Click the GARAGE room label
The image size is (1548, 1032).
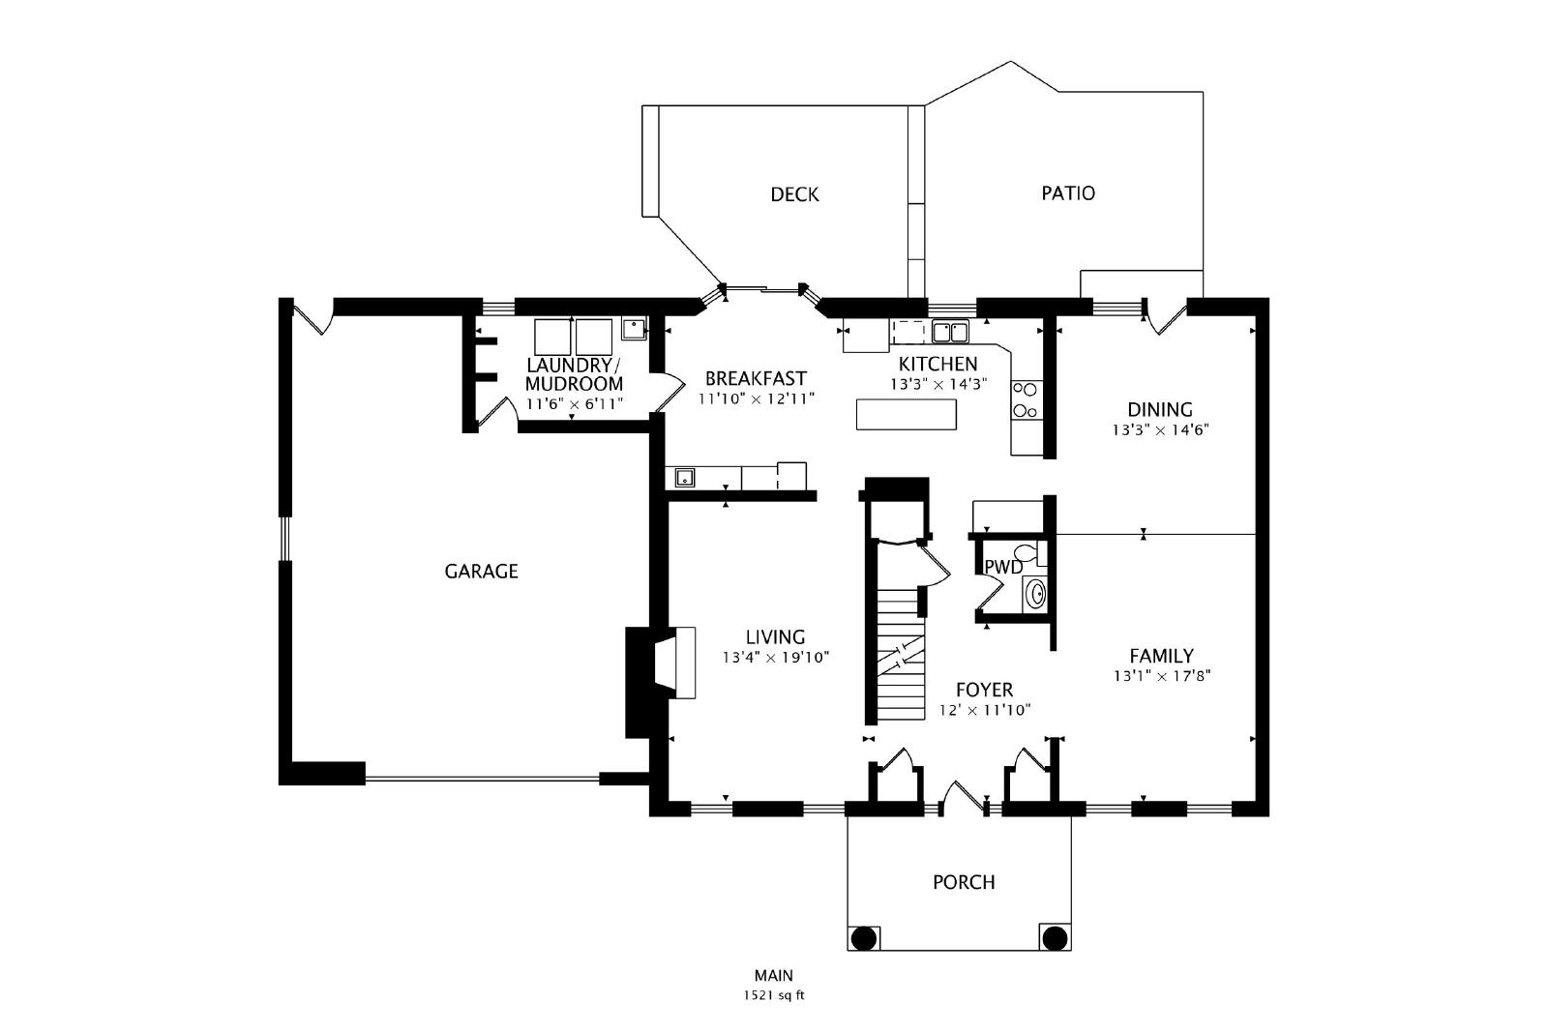tap(481, 572)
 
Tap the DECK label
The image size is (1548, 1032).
tap(794, 194)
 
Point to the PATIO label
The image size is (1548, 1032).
tap(1068, 193)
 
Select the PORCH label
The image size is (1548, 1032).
tap(964, 882)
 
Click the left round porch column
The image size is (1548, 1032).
tap(864, 938)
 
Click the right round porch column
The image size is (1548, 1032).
tap(1055, 938)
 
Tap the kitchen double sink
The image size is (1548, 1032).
tap(950, 332)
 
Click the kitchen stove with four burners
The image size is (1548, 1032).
tap(1026, 400)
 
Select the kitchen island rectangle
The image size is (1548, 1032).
tap(906, 415)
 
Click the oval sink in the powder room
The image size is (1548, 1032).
tap(1035, 593)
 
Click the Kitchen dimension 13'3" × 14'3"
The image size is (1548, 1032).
tap(938, 385)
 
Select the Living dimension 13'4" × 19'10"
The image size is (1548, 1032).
tap(775, 658)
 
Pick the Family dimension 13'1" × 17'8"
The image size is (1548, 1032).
tap(1162, 676)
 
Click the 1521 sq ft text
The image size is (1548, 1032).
tap(774, 995)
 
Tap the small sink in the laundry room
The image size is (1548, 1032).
tap(634, 329)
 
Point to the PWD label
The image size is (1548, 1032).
tap(1003, 567)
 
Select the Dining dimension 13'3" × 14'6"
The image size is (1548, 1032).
tap(1160, 429)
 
